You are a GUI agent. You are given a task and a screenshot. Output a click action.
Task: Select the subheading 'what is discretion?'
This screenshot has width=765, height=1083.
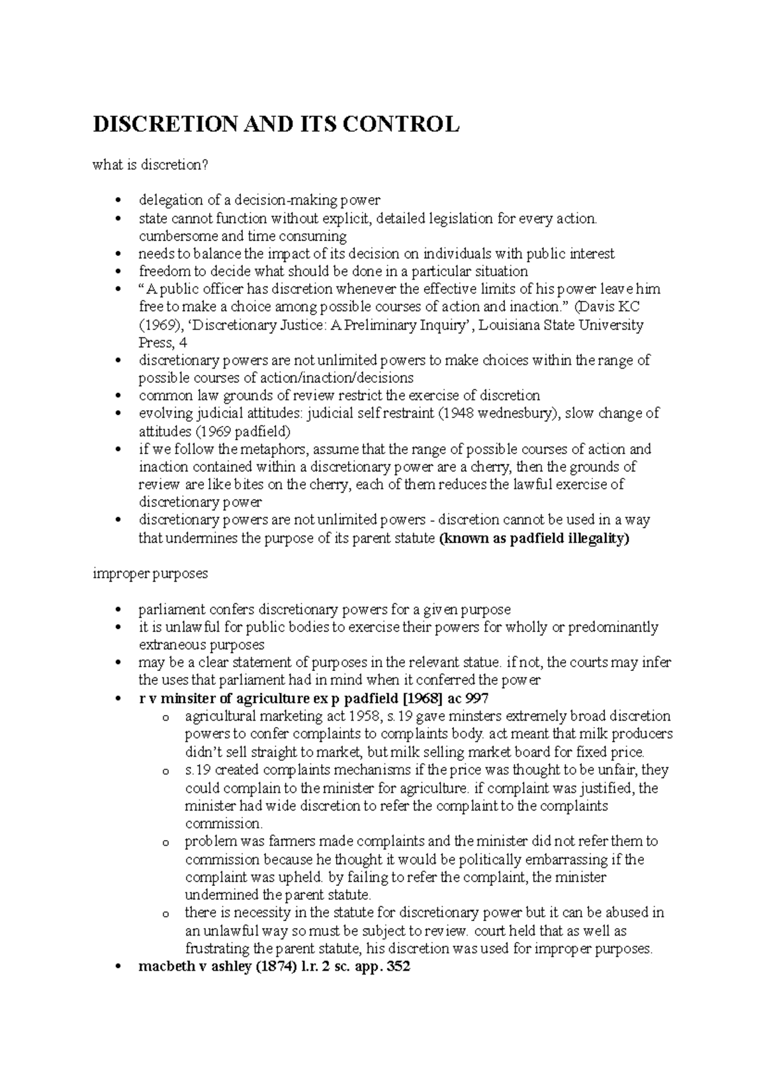150,165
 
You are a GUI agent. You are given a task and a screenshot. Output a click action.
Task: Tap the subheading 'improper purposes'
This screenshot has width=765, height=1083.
150,573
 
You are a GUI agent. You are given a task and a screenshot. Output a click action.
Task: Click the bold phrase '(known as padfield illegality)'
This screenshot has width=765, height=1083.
534,538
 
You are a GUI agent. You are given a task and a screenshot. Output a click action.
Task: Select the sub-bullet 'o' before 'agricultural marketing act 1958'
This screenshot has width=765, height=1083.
166,717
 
